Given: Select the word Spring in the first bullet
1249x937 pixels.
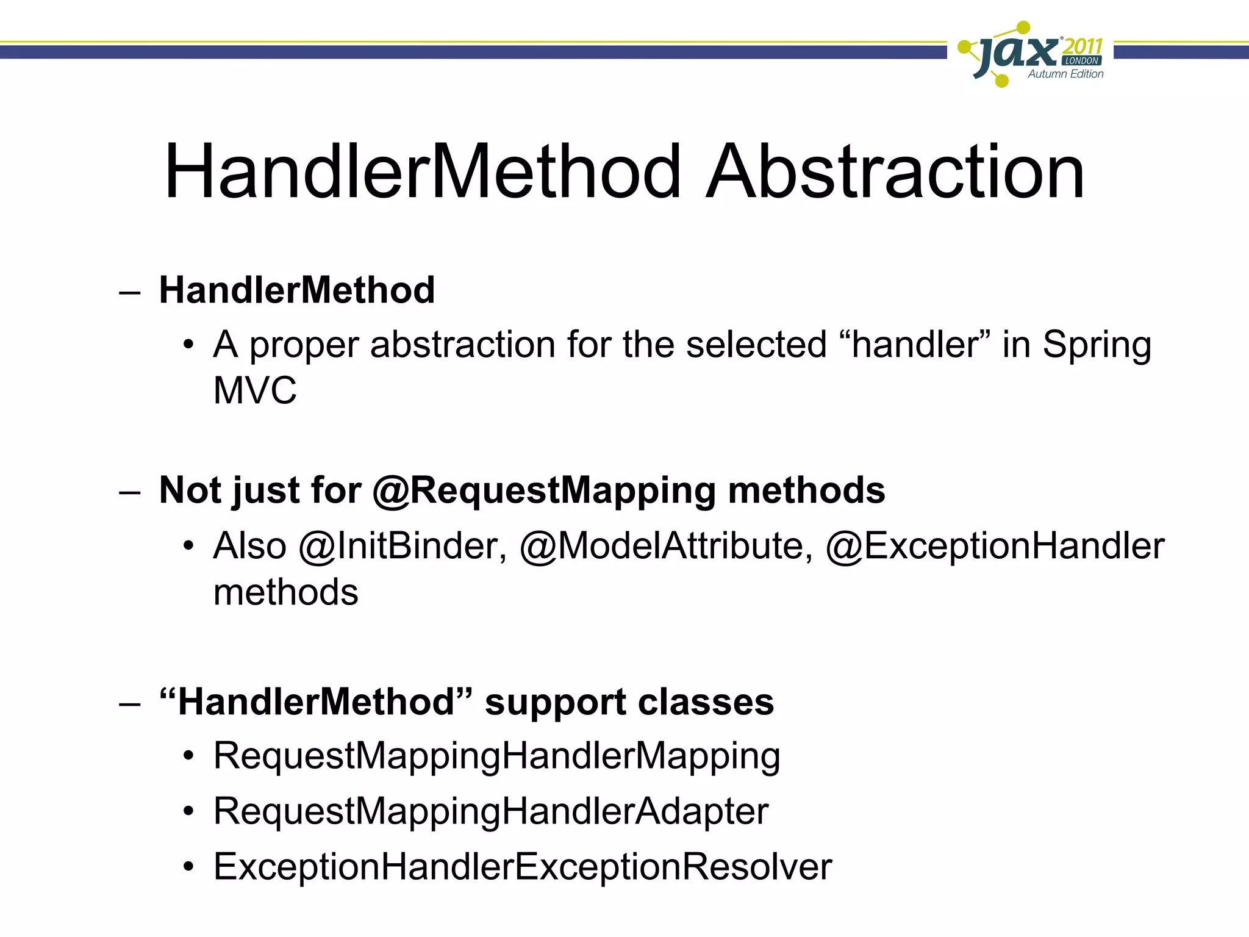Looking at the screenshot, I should [1097, 345].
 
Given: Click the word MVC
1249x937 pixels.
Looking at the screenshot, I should [255, 390].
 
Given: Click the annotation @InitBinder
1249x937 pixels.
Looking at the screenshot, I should [403, 545].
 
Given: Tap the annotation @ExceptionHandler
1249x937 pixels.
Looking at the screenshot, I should [995, 545].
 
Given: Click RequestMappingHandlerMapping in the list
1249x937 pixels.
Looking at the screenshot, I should [496, 756].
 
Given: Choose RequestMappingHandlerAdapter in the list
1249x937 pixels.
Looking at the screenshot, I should [490, 811].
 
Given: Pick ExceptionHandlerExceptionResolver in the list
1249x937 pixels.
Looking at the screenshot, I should [522, 866].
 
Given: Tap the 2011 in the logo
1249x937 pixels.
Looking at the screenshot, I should [1083, 46].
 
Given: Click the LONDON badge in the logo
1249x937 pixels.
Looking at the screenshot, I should [1082, 61].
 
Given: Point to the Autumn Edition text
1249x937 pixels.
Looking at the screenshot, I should [1065, 74].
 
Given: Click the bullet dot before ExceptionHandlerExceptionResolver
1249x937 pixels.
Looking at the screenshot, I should [189, 867].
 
